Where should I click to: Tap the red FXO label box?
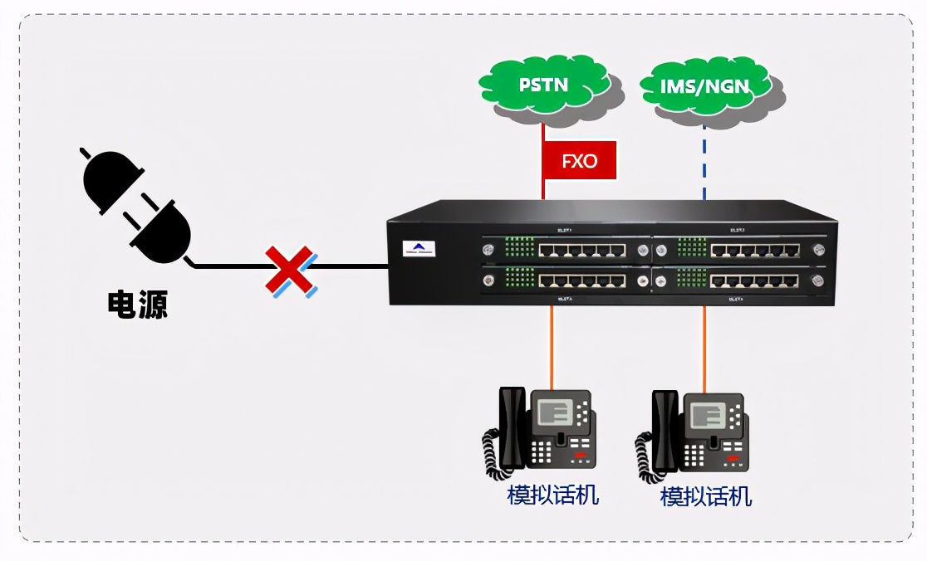(579, 160)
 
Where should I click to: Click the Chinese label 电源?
(138, 305)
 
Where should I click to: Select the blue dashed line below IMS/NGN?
(704, 163)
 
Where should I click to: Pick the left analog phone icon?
(539, 432)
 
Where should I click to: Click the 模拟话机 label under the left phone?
(553, 495)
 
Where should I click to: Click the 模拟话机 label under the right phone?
(706, 496)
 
